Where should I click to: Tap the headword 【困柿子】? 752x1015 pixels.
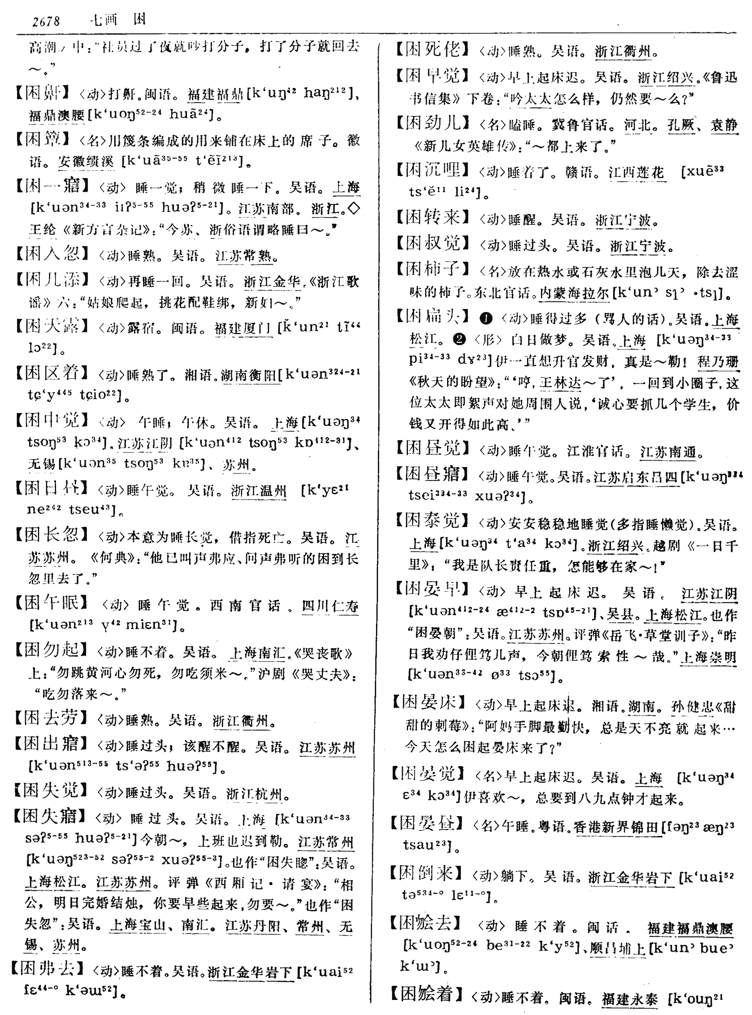pos(432,270)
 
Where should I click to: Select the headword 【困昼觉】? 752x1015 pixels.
pos(432,448)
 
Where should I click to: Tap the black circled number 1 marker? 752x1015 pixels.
pos(486,319)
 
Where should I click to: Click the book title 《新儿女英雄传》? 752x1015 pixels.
pos(462,147)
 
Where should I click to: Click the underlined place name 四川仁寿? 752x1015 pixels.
pos(330,606)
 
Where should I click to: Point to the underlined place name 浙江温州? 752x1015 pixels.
pos(259,491)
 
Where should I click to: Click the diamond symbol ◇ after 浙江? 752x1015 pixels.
pos(354,209)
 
